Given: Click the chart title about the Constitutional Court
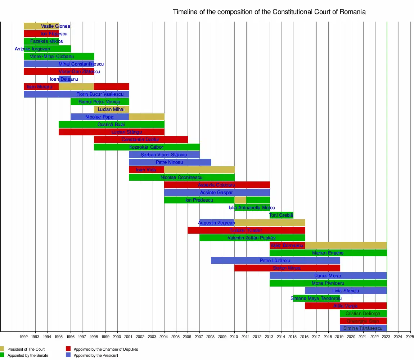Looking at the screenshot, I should click(269, 12).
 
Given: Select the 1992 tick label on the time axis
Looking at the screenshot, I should click(24, 337).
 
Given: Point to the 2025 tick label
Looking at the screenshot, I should click(410, 337).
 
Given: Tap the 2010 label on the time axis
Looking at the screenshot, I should click(234, 337).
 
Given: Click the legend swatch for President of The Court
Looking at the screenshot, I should click(2, 349).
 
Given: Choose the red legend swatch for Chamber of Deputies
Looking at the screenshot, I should click(68, 349).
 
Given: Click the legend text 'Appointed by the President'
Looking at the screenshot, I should click(96, 355).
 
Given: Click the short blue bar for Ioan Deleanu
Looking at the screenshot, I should click(65, 79).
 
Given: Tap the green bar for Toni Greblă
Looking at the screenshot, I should click(281, 215).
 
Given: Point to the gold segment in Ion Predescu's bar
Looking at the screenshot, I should click(240, 200).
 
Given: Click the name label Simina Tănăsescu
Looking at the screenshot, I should click(363, 328).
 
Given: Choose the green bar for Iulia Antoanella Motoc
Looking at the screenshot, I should click(252, 208).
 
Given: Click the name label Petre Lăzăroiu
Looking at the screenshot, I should click(275, 260).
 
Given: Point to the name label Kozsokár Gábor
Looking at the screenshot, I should click(146, 147).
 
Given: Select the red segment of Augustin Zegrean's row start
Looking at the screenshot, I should click(205, 223).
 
